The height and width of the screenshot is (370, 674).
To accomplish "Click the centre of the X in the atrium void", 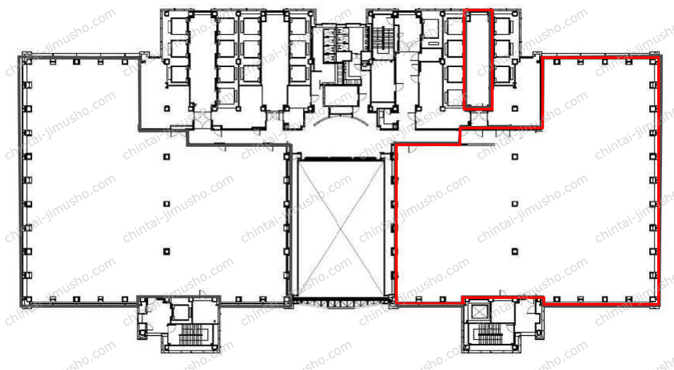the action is tap(341, 227).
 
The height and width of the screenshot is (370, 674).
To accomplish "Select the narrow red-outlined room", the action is tap(478, 60).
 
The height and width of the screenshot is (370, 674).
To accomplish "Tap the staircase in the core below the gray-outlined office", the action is tap(190, 334).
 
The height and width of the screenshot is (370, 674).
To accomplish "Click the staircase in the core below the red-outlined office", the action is tap(490, 334).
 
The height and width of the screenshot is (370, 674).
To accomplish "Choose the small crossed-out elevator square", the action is tap(478, 311).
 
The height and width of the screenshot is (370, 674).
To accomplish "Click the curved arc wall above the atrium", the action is tap(341, 121).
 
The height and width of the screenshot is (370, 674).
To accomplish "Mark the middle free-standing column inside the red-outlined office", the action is tap(514, 204).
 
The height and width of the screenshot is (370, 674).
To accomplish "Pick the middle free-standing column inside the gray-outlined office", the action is tap(166, 204).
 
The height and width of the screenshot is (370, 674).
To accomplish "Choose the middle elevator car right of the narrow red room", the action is tap(504, 49).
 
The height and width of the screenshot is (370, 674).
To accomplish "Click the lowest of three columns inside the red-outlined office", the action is tap(514, 251).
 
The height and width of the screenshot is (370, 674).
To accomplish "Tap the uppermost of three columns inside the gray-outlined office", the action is tap(166, 157).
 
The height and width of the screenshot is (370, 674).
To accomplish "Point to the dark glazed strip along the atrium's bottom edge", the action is tap(341, 299).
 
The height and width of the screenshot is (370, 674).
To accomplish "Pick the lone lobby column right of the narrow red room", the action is tap(514, 109).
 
